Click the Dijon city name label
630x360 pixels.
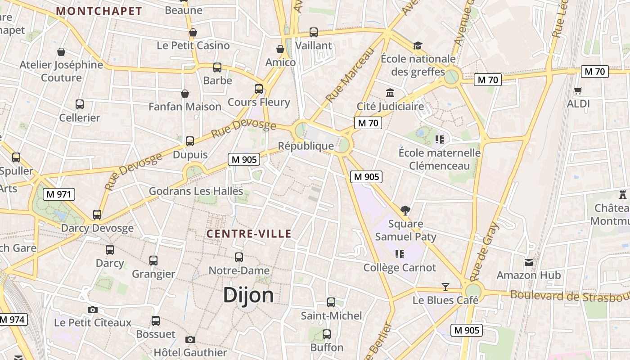(248, 295)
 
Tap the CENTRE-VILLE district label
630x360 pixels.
(249, 234)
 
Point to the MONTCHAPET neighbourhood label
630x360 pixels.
(99, 11)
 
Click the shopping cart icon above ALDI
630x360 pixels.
(578, 90)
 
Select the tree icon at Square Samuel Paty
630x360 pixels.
(405, 210)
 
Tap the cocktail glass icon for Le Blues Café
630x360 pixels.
(445, 287)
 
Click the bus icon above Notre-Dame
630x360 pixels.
(239, 257)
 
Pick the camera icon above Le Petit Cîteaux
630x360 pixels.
(93, 310)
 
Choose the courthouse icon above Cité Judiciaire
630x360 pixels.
(390, 93)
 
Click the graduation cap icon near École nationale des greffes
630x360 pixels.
(418, 45)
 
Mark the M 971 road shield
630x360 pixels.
(58, 194)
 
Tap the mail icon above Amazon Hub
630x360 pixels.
(529, 262)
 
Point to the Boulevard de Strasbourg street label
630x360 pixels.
(570, 297)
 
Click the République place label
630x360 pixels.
(306, 146)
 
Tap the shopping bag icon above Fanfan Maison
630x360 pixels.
(185, 94)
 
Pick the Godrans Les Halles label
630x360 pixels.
(196, 191)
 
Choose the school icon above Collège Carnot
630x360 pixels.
(399, 254)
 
